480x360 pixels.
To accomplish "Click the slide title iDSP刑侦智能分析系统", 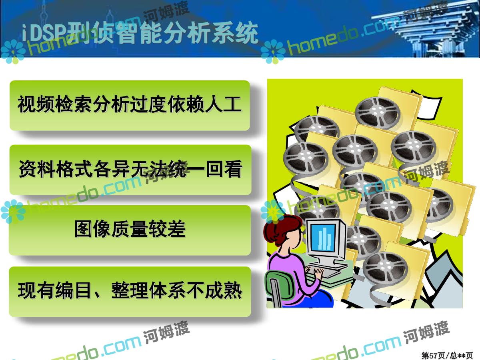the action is coord(140,33).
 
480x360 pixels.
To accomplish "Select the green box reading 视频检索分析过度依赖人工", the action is coord(130,106).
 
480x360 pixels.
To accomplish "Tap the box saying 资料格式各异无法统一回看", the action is coord(130,170).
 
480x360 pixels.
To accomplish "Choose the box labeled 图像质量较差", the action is coord(130,230).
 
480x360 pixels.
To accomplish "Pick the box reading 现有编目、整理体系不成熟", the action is coord(130,292).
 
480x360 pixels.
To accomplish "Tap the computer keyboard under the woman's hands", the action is coord(328,271).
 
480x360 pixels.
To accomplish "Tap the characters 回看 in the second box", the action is coord(224,169).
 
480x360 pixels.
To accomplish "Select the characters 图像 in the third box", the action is coord(93,229).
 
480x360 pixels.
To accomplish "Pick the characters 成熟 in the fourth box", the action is coord(223,290).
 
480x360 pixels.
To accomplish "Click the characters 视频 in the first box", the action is coord(36,104).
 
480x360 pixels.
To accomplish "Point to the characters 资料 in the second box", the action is coord(37,169).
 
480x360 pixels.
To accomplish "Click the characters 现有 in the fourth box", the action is coord(36,290).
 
